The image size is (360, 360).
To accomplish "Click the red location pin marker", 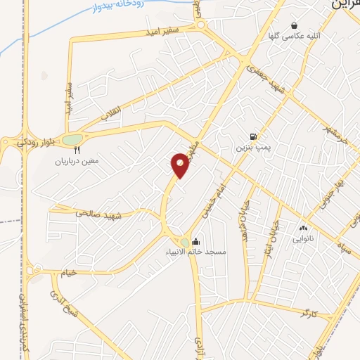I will pos(180,165).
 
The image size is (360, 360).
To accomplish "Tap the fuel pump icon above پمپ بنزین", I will pos(252,136).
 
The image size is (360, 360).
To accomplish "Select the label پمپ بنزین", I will pos(252,148).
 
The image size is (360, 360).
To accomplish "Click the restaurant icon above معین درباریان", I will pos(77,150).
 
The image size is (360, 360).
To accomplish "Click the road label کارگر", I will pos(309,311).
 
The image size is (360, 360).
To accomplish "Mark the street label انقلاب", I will pos(112,109).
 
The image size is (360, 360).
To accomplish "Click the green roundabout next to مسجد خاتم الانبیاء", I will pos(184,243).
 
